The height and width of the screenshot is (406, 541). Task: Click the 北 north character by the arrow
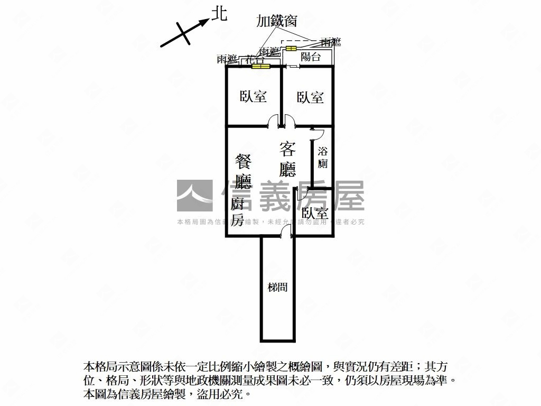click(219, 13)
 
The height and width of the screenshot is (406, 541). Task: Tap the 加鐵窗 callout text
click(276, 21)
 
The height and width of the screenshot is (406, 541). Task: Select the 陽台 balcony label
click(311, 57)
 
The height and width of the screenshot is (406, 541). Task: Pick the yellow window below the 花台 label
click(260, 67)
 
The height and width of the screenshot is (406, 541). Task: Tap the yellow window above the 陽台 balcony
click(291, 49)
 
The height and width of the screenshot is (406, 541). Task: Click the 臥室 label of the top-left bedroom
click(253, 97)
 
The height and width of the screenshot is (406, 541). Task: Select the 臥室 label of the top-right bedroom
click(310, 97)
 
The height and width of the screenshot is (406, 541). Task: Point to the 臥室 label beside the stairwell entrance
click(315, 214)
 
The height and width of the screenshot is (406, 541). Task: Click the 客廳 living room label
click(287, 158)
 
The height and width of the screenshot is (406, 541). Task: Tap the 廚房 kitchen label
click(237, 211)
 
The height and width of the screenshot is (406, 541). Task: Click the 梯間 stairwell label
click(277, 288)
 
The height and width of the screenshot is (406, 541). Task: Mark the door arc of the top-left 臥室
click(274, 121)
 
